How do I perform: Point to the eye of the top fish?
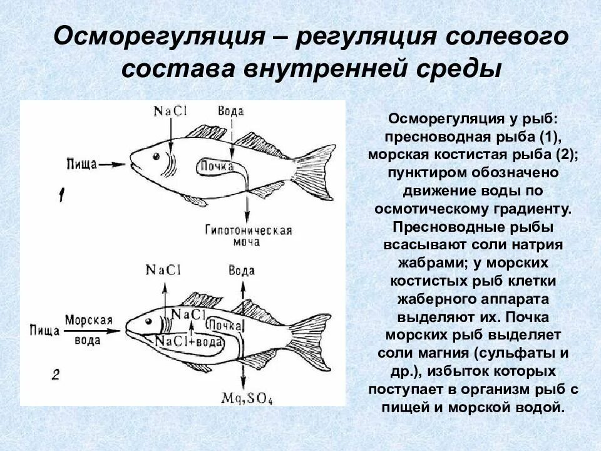155,154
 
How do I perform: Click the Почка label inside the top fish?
217,167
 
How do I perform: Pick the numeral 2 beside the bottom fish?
56,375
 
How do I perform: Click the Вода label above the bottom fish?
242,271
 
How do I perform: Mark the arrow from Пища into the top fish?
113,164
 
